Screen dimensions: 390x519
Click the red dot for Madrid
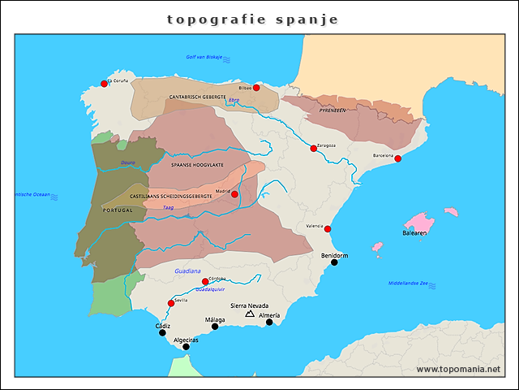click(x=234, y=194)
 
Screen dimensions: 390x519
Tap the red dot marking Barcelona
click(x=397, y=158)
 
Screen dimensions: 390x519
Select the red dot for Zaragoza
click(x=313, y=148)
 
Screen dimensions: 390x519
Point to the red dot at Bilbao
click(x=256, y=88)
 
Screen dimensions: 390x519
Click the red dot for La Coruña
click(x=104, y=84)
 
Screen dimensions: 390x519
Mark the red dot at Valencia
click(x=328, y=229)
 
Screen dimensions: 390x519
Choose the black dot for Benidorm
click(x=334, y=262)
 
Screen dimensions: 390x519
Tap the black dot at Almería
click(x=269, y=322)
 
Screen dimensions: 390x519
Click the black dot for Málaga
click(x=215, y=327)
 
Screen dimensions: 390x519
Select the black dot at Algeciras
click(x=186, y=347)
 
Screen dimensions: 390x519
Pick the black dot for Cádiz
click(x=162, y=332)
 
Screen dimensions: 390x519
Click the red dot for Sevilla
click(x=171, y=303)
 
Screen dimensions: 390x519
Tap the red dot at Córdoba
click(x=205, y=282)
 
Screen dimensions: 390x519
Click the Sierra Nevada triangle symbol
click(x=250, y=314)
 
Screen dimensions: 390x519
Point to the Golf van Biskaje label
click(x=204, y=57)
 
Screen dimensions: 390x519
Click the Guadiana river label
click(x=187, y=271)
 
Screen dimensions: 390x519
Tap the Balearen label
click(x=414, y=232)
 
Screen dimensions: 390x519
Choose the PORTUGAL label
click(x=118, y=210)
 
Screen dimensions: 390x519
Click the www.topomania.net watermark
click(x=458, y=369)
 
